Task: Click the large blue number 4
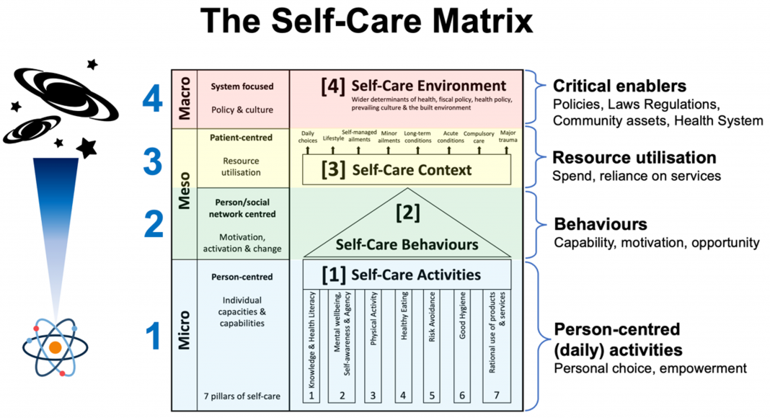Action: (x=153, y=99)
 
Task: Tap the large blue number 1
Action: (x=154, y=336)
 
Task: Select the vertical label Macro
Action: (x=184, y=99)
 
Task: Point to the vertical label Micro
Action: (x=184, y=329)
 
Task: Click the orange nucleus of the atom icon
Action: (x=55, y=347)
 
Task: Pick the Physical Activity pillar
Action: (x=373, y=346)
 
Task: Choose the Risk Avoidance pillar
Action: (x=432, y=346)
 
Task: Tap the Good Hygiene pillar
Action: (x=462, y=346)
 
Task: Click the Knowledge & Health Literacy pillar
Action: (x=311, y=346)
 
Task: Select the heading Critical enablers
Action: (x=619, y=86)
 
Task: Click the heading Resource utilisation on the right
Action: (x=634, y=158)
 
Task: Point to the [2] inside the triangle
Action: (x=407, y=213)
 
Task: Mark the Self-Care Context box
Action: (x=407, y=170)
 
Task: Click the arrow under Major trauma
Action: (x=506, y=149)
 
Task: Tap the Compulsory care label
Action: (x=479, y=137)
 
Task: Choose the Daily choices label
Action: (x=308, y=137)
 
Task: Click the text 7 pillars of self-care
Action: (x=242, y=396)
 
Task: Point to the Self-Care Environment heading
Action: (x=414, y=86)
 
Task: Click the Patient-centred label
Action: (x=241, y=138)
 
